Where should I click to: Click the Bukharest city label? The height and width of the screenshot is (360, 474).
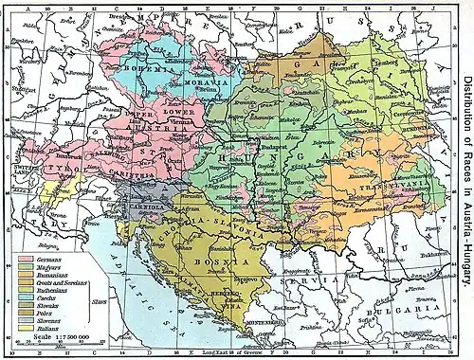click(432, 255)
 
